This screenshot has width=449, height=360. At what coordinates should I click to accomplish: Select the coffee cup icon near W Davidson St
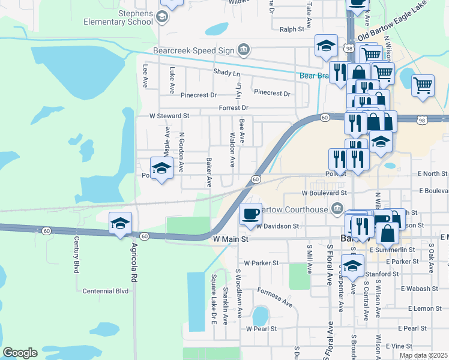(250, 213)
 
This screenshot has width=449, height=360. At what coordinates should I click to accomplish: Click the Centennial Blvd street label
(106, 291)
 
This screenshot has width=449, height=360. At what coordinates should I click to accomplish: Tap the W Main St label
(231, 239)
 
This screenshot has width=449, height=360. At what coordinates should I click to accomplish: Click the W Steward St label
(170, 115)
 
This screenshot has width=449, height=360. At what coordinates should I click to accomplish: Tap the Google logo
(20, 353)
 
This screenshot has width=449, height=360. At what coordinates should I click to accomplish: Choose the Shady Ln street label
(226, 73)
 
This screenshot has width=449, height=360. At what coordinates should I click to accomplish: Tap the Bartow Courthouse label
(294, 209)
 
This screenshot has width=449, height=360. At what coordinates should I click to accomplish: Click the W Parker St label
(262, 263)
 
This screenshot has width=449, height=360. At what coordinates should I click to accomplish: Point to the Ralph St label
(292, 28)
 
